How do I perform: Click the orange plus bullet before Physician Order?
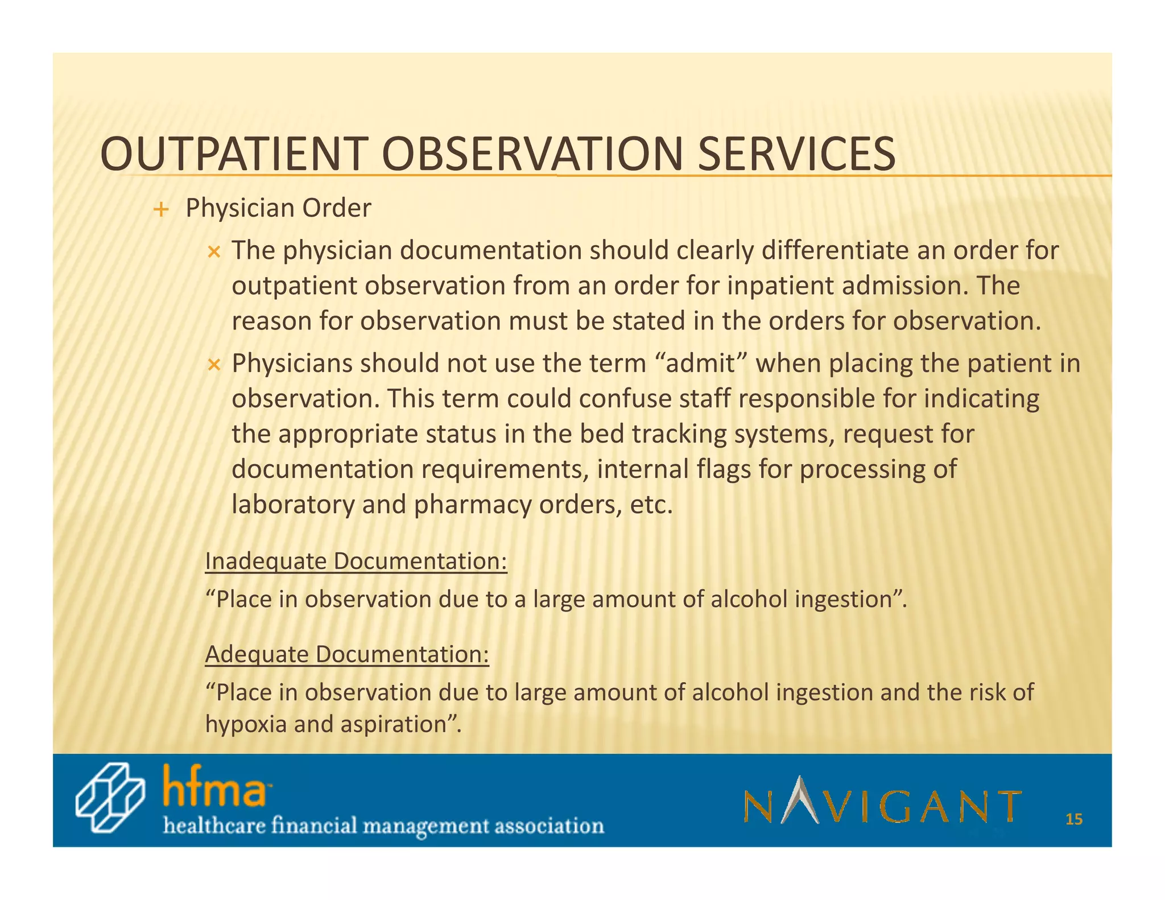pyautogui.click(x=161, y=210)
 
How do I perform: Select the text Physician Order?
pyautogui.click(x=278, y=208)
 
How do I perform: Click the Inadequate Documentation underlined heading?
pyautogui.click(x=356, y=562)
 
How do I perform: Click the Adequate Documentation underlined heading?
pyautogui.click(x=346, y=655)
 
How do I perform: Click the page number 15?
pyautogui.click(x=1073, y=820)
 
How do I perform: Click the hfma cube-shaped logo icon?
pyautogui.click(x=110, y=799)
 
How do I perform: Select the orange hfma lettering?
pyautogui.click(x=214, y=788)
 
